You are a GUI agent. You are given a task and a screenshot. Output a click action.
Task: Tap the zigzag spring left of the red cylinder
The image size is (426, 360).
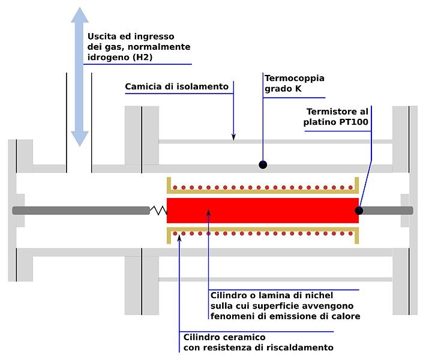coord(158,210)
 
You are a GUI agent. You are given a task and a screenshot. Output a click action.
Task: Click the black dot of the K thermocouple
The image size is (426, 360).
coord(263,164)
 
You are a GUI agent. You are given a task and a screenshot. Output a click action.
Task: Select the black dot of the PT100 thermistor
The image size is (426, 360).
coord(359,211)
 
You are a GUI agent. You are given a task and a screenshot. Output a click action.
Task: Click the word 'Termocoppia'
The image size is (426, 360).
coord(294,78)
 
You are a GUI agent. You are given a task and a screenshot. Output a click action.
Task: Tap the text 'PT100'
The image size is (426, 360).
coord(356,123)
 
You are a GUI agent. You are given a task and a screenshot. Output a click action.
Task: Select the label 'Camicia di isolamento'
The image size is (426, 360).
coord(176,87)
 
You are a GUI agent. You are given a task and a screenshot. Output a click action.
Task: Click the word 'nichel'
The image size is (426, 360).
coord(318,296)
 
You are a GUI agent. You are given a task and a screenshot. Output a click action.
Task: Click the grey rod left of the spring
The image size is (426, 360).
coord(80,210)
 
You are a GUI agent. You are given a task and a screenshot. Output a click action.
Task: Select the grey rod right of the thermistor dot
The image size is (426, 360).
coord(388,210)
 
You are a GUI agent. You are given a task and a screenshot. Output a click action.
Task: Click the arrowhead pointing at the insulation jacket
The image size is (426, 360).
coord(233,137)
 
